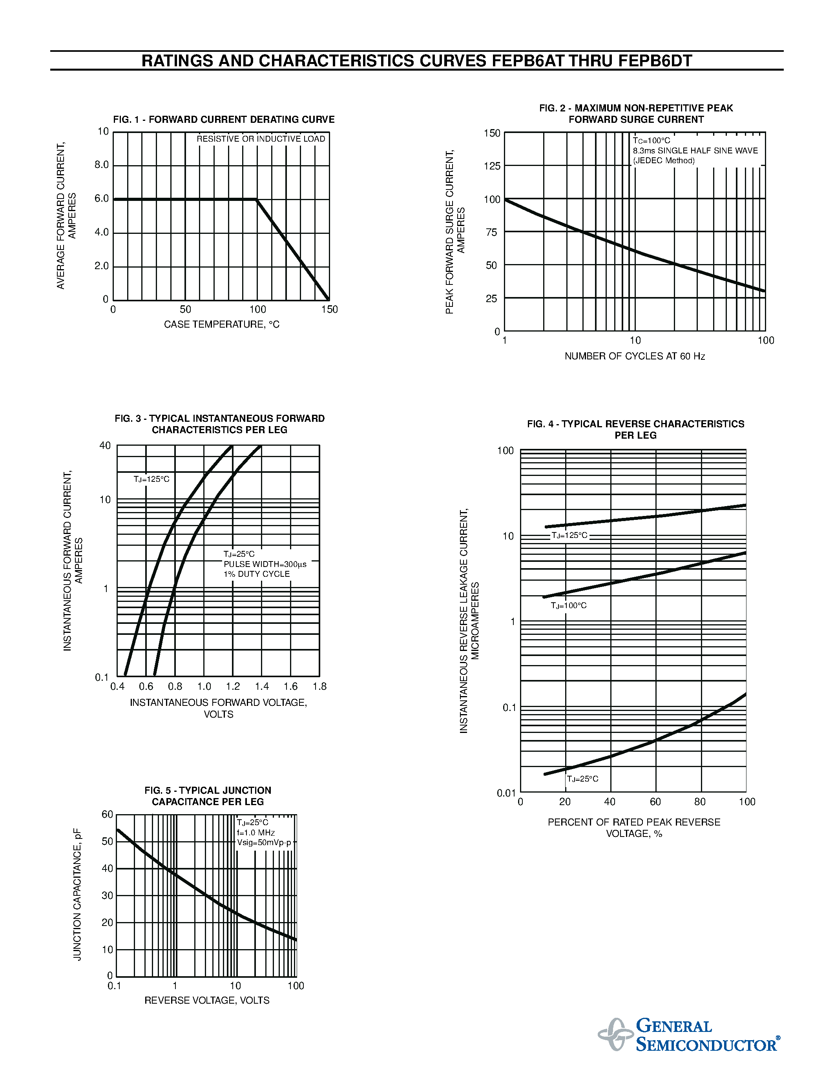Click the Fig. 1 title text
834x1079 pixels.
point(224,120)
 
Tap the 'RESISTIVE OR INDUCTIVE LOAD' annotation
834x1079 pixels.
point(261,139)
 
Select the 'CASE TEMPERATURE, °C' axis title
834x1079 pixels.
point(221,324)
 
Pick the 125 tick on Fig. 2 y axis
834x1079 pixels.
point(492,166)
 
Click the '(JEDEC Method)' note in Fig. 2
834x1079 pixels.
point(664,160)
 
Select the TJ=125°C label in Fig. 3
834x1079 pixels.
point(151,479)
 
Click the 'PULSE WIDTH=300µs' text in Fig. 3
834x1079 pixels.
point(265,564)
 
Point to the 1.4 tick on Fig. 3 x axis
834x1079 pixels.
point(262,686)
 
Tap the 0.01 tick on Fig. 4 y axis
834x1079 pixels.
point(506,793)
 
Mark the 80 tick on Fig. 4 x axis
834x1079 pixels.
point(700,802)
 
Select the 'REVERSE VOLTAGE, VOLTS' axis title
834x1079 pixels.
point(207,1001)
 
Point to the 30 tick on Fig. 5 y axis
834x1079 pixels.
point(107,895)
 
